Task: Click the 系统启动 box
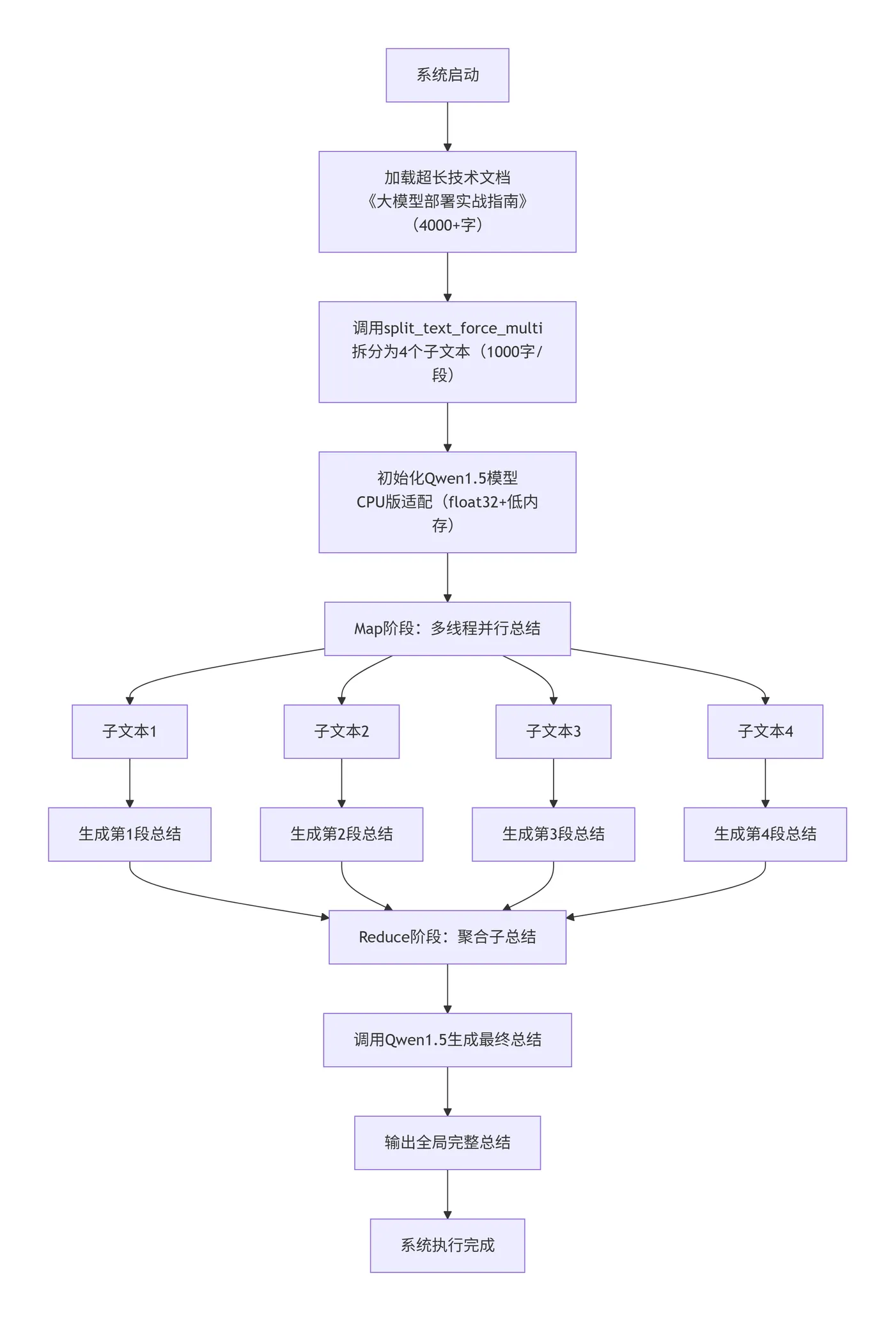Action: pos(447,75)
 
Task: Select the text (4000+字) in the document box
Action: pos(447,225)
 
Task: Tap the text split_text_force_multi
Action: pos(463,328)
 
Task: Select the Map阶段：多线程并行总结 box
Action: pos(447,629)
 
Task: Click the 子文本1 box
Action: pos(130,731)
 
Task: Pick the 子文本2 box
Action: pos(341,731)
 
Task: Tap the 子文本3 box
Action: pos(553,731)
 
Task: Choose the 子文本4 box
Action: pos(765,731)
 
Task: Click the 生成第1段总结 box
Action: pos(130,834)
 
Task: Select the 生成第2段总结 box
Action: pos(341,834)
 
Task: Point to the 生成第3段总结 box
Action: pos(553,834)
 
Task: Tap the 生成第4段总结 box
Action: pos(765,834)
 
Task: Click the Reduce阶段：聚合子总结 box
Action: pos(447,937)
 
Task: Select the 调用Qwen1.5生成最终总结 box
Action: pos(447,1040)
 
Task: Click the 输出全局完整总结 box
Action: pos(447,1143)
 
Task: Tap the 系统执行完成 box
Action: pos(447,1245)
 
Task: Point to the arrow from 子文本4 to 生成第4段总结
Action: pos(765,783)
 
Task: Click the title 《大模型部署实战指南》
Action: pos(447,202)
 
